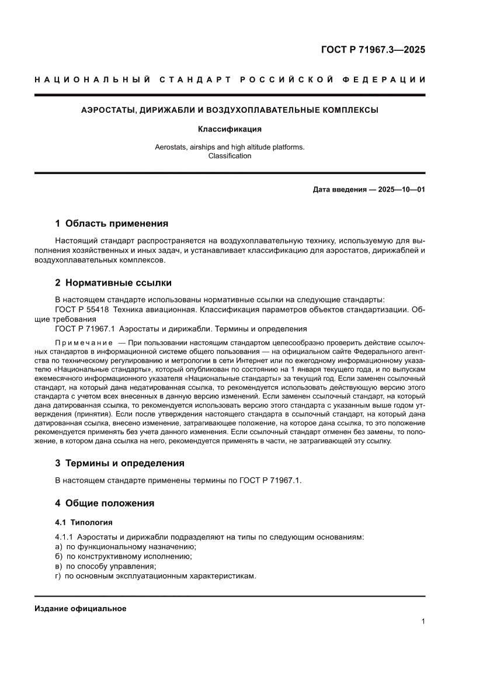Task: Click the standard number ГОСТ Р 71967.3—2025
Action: (x=373, y=50)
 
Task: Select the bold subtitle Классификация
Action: (x=230, y=129)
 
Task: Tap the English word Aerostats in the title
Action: (x=171, y=147)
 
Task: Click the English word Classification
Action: (x=230, y=156)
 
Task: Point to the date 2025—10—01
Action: (x=402, y=190)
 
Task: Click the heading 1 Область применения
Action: (x=112, y=223)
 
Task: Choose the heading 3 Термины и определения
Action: (x=120, y=463)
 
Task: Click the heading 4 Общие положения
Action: (x=105, y=503)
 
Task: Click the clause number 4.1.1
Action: (x=64, y=537)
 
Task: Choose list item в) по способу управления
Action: (x=105, y=566)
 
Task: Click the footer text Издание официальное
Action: (x=81, y=609)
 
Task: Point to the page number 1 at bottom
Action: (x=423, y=622)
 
